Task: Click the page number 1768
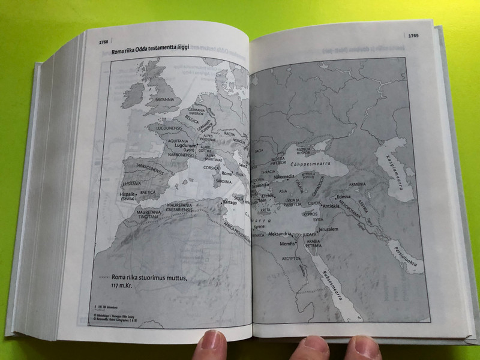pyautogui.click(x=100, y=42)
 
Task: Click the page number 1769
pyautogui.click(x=413, y=37)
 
